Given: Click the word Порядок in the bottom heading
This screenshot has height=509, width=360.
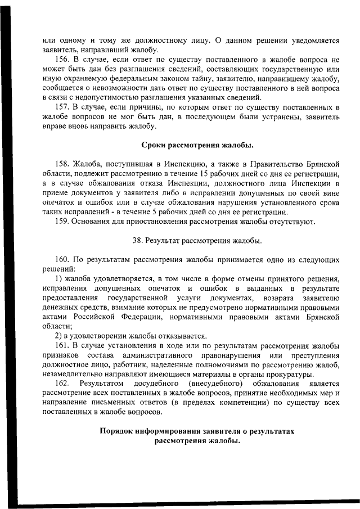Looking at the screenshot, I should (120, 431).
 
